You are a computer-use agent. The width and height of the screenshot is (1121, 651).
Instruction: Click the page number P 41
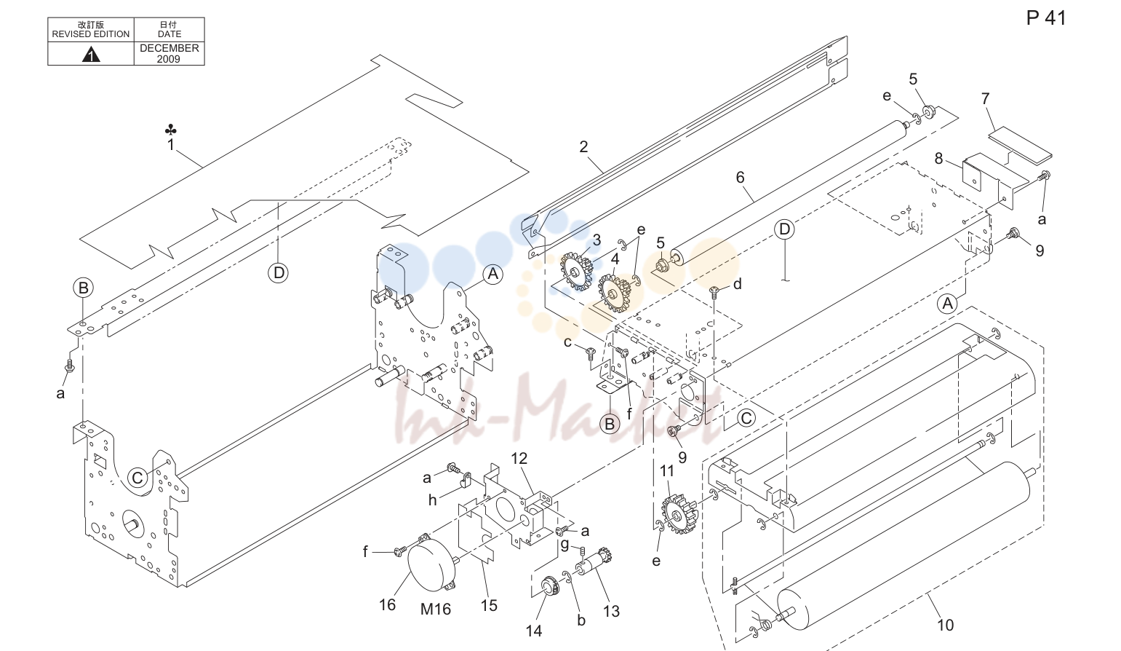(1046, 18)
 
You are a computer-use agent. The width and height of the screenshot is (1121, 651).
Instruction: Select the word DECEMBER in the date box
(169, 48)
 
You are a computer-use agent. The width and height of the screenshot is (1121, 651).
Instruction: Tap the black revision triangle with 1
(91, 54)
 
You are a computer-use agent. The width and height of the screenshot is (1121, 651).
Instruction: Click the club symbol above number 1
(171, 130)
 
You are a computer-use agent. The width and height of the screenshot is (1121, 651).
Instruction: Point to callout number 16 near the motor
(387, 605)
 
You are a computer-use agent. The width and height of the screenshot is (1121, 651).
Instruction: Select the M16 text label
(436, 609)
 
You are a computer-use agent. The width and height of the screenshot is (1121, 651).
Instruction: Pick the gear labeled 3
(575, 272)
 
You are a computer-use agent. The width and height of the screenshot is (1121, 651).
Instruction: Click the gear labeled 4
(613, 293)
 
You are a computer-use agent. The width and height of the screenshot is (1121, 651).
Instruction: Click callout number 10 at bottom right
(946, 625)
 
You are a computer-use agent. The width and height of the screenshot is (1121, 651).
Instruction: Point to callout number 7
(986, 98)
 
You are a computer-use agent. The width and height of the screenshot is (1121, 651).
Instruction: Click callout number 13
(611, 612)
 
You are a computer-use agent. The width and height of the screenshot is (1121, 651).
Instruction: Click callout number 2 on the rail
(583, 146)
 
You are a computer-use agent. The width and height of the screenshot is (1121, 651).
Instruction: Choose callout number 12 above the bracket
(519, 459)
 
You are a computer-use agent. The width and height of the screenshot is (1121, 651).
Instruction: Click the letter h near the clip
(432, 500)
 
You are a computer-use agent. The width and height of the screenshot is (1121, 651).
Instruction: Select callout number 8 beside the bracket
(939, 159)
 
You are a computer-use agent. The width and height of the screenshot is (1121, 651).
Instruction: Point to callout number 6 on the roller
(740, 177)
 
